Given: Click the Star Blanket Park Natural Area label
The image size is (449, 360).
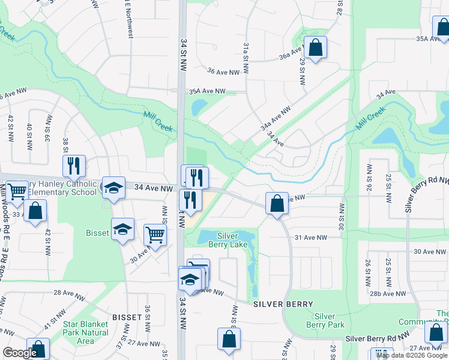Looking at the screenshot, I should [x=86, y=332].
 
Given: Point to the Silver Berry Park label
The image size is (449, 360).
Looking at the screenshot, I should [x=325, y=320].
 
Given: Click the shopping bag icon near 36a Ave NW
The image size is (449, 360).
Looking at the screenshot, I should [x=315, y=47].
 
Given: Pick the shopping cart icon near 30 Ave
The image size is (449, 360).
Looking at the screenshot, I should [x=155, y=234].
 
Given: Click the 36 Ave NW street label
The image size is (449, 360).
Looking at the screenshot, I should [x=223, y=71].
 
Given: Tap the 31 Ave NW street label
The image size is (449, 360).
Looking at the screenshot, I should [x=311, y=238].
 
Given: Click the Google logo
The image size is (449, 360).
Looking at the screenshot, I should [x=20, y=353].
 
